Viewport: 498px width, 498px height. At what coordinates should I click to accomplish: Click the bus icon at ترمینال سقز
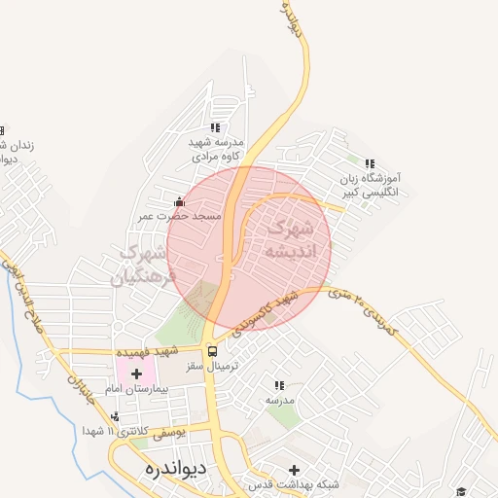click(x=213, y=353)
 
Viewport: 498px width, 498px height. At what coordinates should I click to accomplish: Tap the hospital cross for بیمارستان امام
click(x=136, y=373)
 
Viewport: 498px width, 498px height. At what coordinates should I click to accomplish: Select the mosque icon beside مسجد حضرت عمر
click(x=178, y=202)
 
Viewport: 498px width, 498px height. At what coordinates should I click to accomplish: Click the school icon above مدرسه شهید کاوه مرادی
click(x=215, y=127)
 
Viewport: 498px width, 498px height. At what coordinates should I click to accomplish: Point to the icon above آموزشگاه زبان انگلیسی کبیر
click(x=369, y=163)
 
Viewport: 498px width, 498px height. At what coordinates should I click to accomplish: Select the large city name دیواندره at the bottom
click(x=168, y=466)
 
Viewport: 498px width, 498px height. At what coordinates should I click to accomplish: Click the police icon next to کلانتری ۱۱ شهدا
click(x=116, y=417)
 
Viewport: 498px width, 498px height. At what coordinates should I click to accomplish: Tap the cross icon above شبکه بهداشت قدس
click(x=295, y=470)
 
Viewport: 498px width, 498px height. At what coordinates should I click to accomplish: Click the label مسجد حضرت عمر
click(x=184, y=214)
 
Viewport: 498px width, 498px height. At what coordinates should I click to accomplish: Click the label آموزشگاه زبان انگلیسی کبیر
click(x=371, y=186)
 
